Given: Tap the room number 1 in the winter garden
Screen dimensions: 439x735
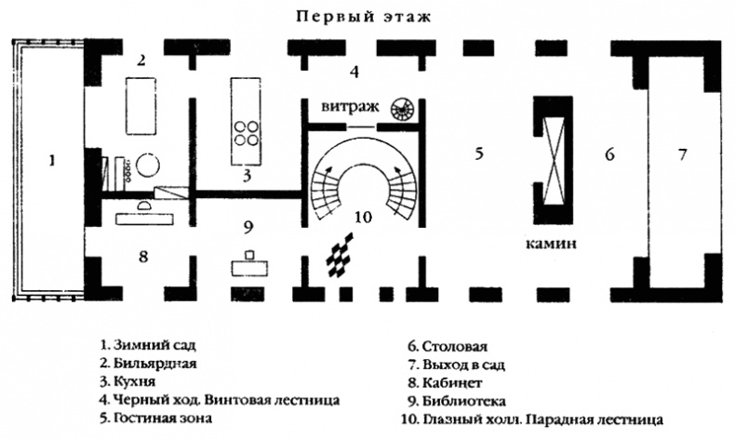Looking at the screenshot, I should tap(52, 160).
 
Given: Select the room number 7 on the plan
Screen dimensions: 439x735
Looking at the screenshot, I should tap(682, 155).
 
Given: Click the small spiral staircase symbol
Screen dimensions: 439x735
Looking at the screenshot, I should tap(402, 109).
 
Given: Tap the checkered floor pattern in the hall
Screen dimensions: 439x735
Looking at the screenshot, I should tap(340, 255).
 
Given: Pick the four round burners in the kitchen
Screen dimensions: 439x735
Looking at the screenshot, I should tap(247, 133).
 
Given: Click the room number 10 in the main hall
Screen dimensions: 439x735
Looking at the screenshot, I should tap(364, 217).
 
